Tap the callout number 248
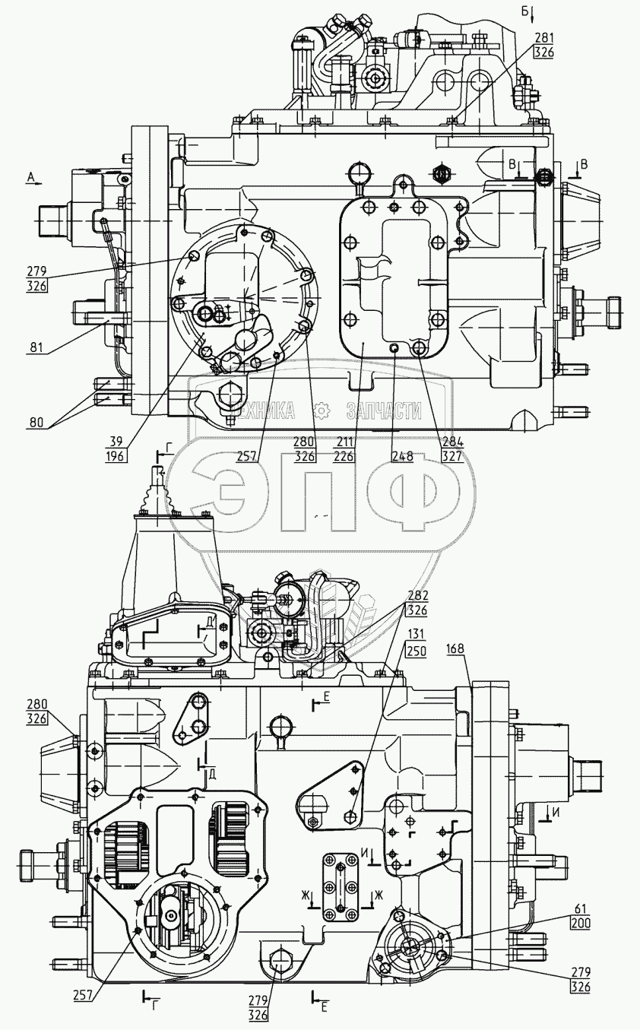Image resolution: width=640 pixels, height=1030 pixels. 403,456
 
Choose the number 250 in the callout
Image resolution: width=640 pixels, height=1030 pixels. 417,651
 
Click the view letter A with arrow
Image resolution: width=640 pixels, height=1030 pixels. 31,176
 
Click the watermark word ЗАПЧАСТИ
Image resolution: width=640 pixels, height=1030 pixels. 384,411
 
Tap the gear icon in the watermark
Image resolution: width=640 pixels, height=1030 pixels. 322,411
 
